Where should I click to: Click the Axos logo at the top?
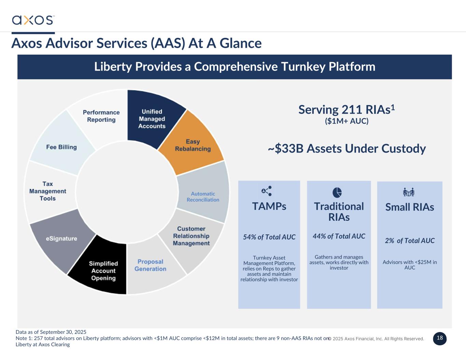pyautogui.click(x=33, y=20)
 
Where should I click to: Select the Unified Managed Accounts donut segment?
pyautogui.click(x=152, y=119)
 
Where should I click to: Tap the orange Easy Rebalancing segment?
pyautogui.click(x=193, y=145)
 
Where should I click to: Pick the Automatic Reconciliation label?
pyautogui.click(x=203, y=197)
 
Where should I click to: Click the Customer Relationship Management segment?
pyautogui.click(x=191, y=236)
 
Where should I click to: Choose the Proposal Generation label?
pyautogui.click(x=150, y=265)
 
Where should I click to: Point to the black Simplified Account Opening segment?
pyautogui.click(x=103, y=271)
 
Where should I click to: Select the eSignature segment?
pyautogui.click(x=61, y=239)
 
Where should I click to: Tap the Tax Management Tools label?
pyautogui.click(x=47, y=191)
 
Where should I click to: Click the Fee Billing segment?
pyautogui.click(x=61, y=147)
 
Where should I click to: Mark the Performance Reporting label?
pyautogui.click(x=101, y=116)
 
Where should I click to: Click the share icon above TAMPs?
pyautogui.click(x=266, y=191)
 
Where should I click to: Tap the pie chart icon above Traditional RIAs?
pyautogui.click(x=337, y=192)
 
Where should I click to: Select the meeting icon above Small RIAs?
pyautogui.click(x=408, y=192)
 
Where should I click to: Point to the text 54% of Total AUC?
pyautogui.click(x=269, y=237)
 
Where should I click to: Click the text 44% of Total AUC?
pyautogui.click(x=339, y=236)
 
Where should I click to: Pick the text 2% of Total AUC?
pyautogui.click(x=410, y=241)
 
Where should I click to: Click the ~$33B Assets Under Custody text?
pyautogui.click(x=347, y=149)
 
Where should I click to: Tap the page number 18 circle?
pyautogui.click(x=440, y=338)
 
